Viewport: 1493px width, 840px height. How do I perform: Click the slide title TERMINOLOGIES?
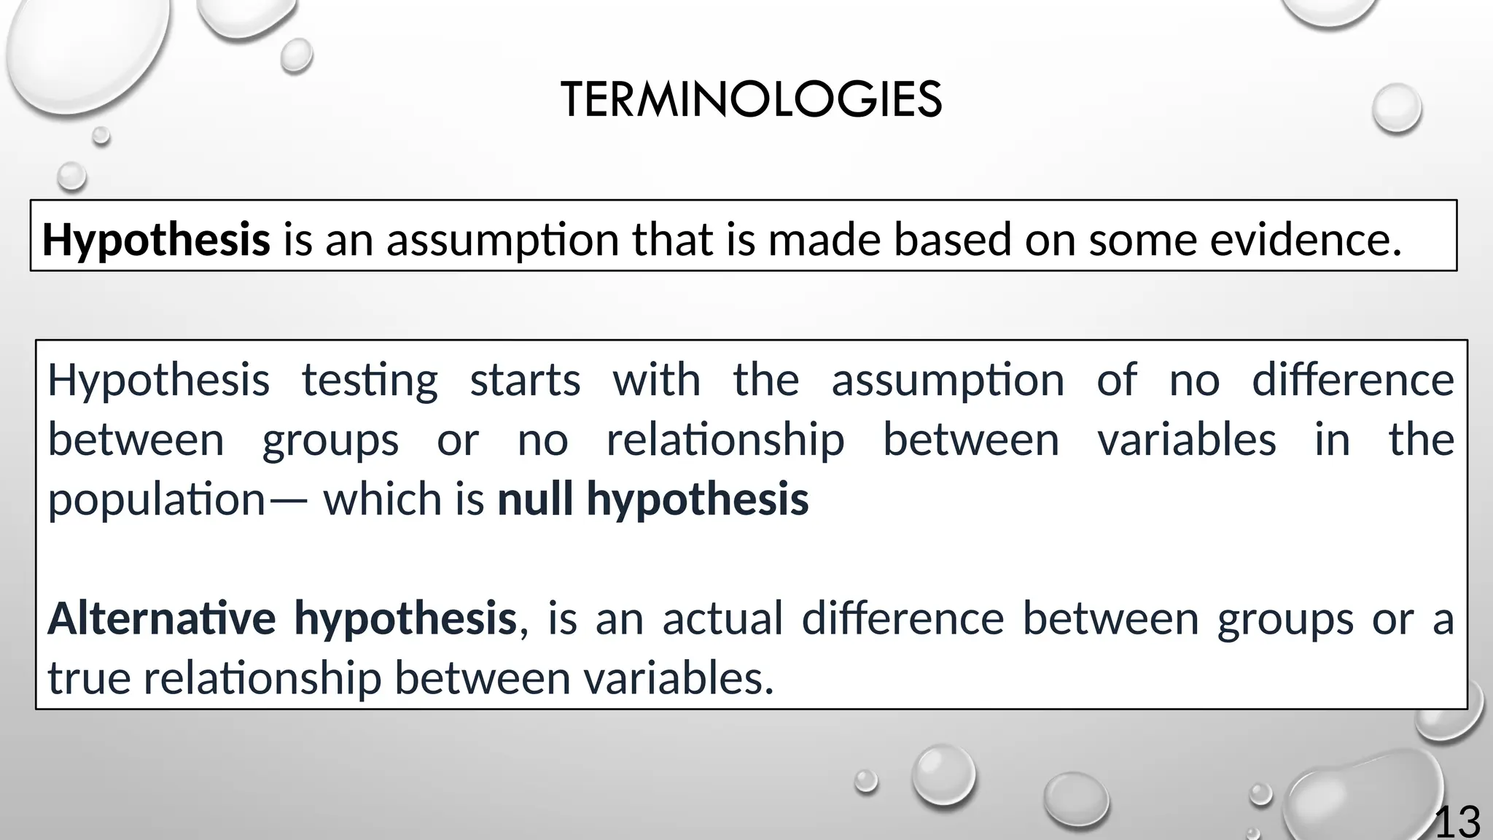tap(751, 100)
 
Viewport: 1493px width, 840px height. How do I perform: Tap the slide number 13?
tap(1457, 822)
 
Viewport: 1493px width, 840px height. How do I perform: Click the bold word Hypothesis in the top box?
tap(156, 240)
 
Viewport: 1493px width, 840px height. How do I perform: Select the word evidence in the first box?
tap(1305, 240)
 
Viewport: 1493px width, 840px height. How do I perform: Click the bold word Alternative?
tap(161, 618)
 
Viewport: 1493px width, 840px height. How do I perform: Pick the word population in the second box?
tap(156, 500)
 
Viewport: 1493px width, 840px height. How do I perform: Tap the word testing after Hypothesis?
tap(370, 381)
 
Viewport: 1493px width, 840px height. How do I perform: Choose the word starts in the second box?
tap(525, 381)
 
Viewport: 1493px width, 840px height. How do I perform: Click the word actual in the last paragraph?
tap(722, 618)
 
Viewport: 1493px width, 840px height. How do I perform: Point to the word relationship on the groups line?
tap(725, 440)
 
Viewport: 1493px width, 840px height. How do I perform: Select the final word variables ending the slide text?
tap(678, 678)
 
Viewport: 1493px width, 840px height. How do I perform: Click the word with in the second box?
tap(656, 381)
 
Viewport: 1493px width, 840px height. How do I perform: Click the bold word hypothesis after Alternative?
tap(405, 618)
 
